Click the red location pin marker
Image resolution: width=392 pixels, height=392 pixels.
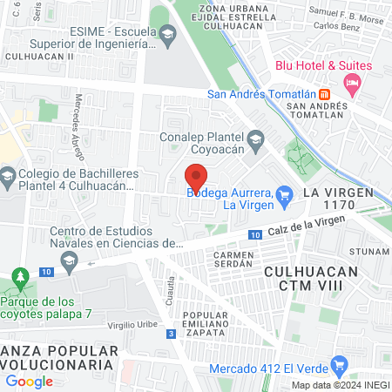[x=196, y=178]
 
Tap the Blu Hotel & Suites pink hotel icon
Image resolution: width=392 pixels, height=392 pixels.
[x=352, y=84]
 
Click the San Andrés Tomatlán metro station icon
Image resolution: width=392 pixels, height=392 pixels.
[x=324, y=94]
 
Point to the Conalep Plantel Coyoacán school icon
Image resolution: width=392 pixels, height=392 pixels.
[x=255, y=139]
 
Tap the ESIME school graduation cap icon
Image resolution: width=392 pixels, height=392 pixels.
[x=167, y=35]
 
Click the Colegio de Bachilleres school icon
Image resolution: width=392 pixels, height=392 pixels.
[x=8, y=179]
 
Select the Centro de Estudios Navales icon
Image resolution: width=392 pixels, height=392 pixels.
[x=68, y=259]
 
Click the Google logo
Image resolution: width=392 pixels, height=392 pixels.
[x=29, y=381]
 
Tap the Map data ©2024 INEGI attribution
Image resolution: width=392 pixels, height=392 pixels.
[x=340, y=385]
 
